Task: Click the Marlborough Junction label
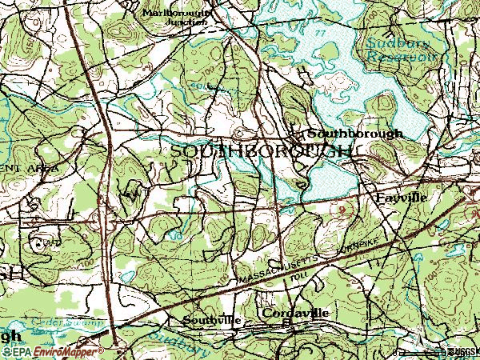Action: (x=175, y=18)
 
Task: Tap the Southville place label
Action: (x=211, y=320)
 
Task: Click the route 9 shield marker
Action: (x=342, y=210)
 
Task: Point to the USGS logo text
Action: (x=464, y=351)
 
